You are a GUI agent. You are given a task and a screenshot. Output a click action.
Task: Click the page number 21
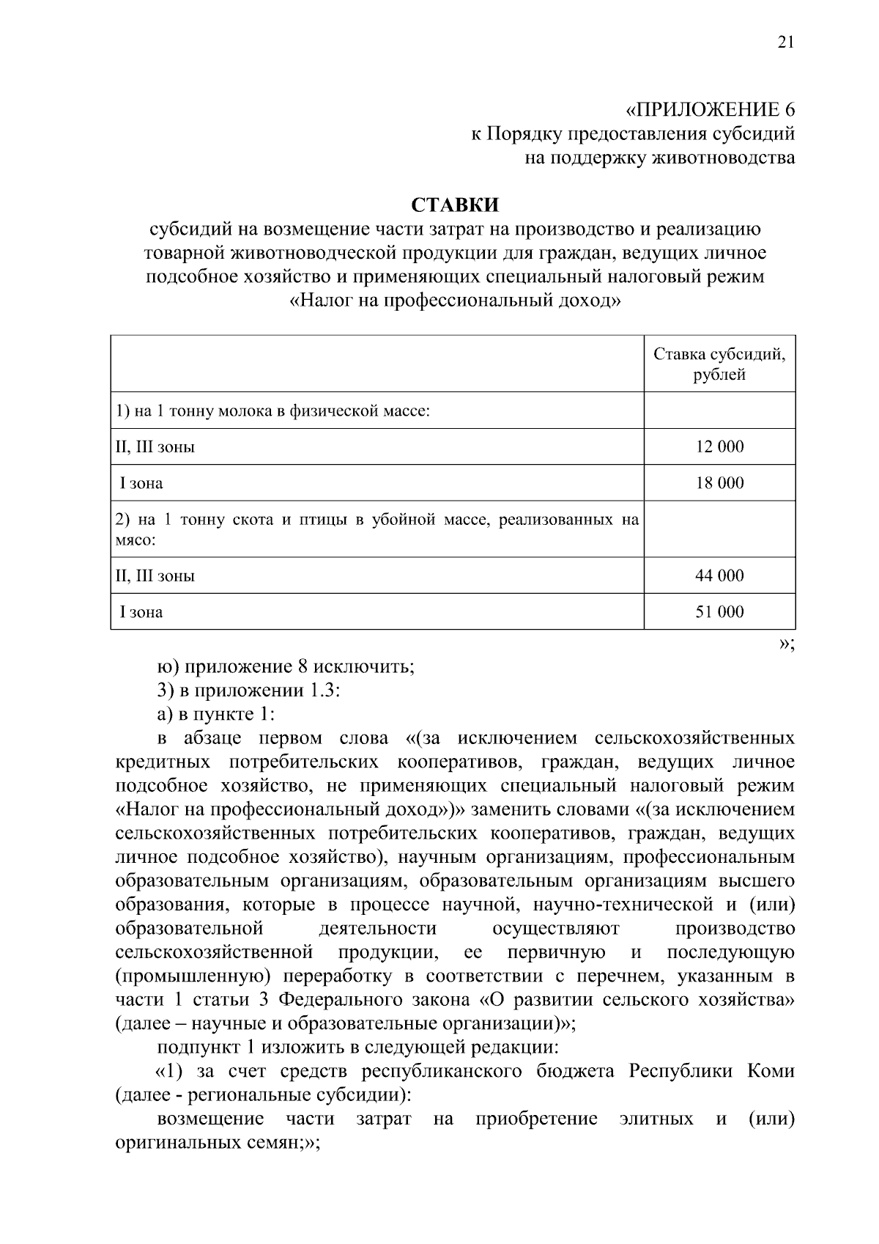tap(785, 43)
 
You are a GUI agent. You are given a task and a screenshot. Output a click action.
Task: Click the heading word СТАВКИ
tap(454, 205)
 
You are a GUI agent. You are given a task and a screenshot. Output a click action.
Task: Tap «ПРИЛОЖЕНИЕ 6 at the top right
tap(710, 110)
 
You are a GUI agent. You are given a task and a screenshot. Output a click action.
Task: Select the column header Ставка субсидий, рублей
tap(719, 364)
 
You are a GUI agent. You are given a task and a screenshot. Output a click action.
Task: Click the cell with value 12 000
tap(719, 446)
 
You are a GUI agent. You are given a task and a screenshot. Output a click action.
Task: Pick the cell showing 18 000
tap(719, 483)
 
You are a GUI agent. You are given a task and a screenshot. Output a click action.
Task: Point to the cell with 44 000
tap(719, 575)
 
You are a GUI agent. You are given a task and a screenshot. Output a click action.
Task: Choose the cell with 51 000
tap(719, 612)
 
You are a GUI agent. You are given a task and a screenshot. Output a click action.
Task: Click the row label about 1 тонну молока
tap(272, 411)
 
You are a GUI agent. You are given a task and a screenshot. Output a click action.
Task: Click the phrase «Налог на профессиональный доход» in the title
tap(455, 300)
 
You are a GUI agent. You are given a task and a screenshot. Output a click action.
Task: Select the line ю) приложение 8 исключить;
tap(286, 667)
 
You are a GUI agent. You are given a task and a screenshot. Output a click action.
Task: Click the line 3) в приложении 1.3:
tap(248, 691)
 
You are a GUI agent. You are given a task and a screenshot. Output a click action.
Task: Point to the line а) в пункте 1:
tap(215, 714)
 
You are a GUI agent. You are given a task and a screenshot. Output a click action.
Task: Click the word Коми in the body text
tap(771, 1070)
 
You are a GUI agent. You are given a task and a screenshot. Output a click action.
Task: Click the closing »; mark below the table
tap(787, 644)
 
